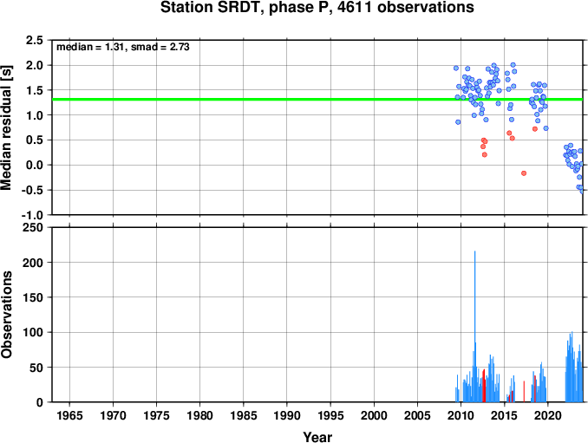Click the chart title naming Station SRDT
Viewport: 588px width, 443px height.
coord(317,8)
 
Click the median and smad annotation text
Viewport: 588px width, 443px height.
coord(123,47)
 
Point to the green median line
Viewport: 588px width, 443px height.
coord(317,100)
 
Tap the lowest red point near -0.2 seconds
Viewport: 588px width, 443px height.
coord(524,173)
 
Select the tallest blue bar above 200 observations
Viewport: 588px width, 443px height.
coord(474,326)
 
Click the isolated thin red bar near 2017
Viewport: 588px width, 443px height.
coord(524,391)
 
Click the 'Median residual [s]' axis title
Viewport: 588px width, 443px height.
coord(7,127)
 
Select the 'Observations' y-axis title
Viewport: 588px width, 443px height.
coord(7,315)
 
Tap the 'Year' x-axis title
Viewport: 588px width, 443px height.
coord(317,437)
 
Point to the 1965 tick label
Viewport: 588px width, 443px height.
coord(69,415)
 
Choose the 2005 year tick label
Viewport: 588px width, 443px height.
coord(417,415)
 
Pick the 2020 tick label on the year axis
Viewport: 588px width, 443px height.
coord(548,415)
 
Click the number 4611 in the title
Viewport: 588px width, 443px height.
coord(355,8)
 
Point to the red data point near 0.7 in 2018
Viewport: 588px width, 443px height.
coord(535,129)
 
